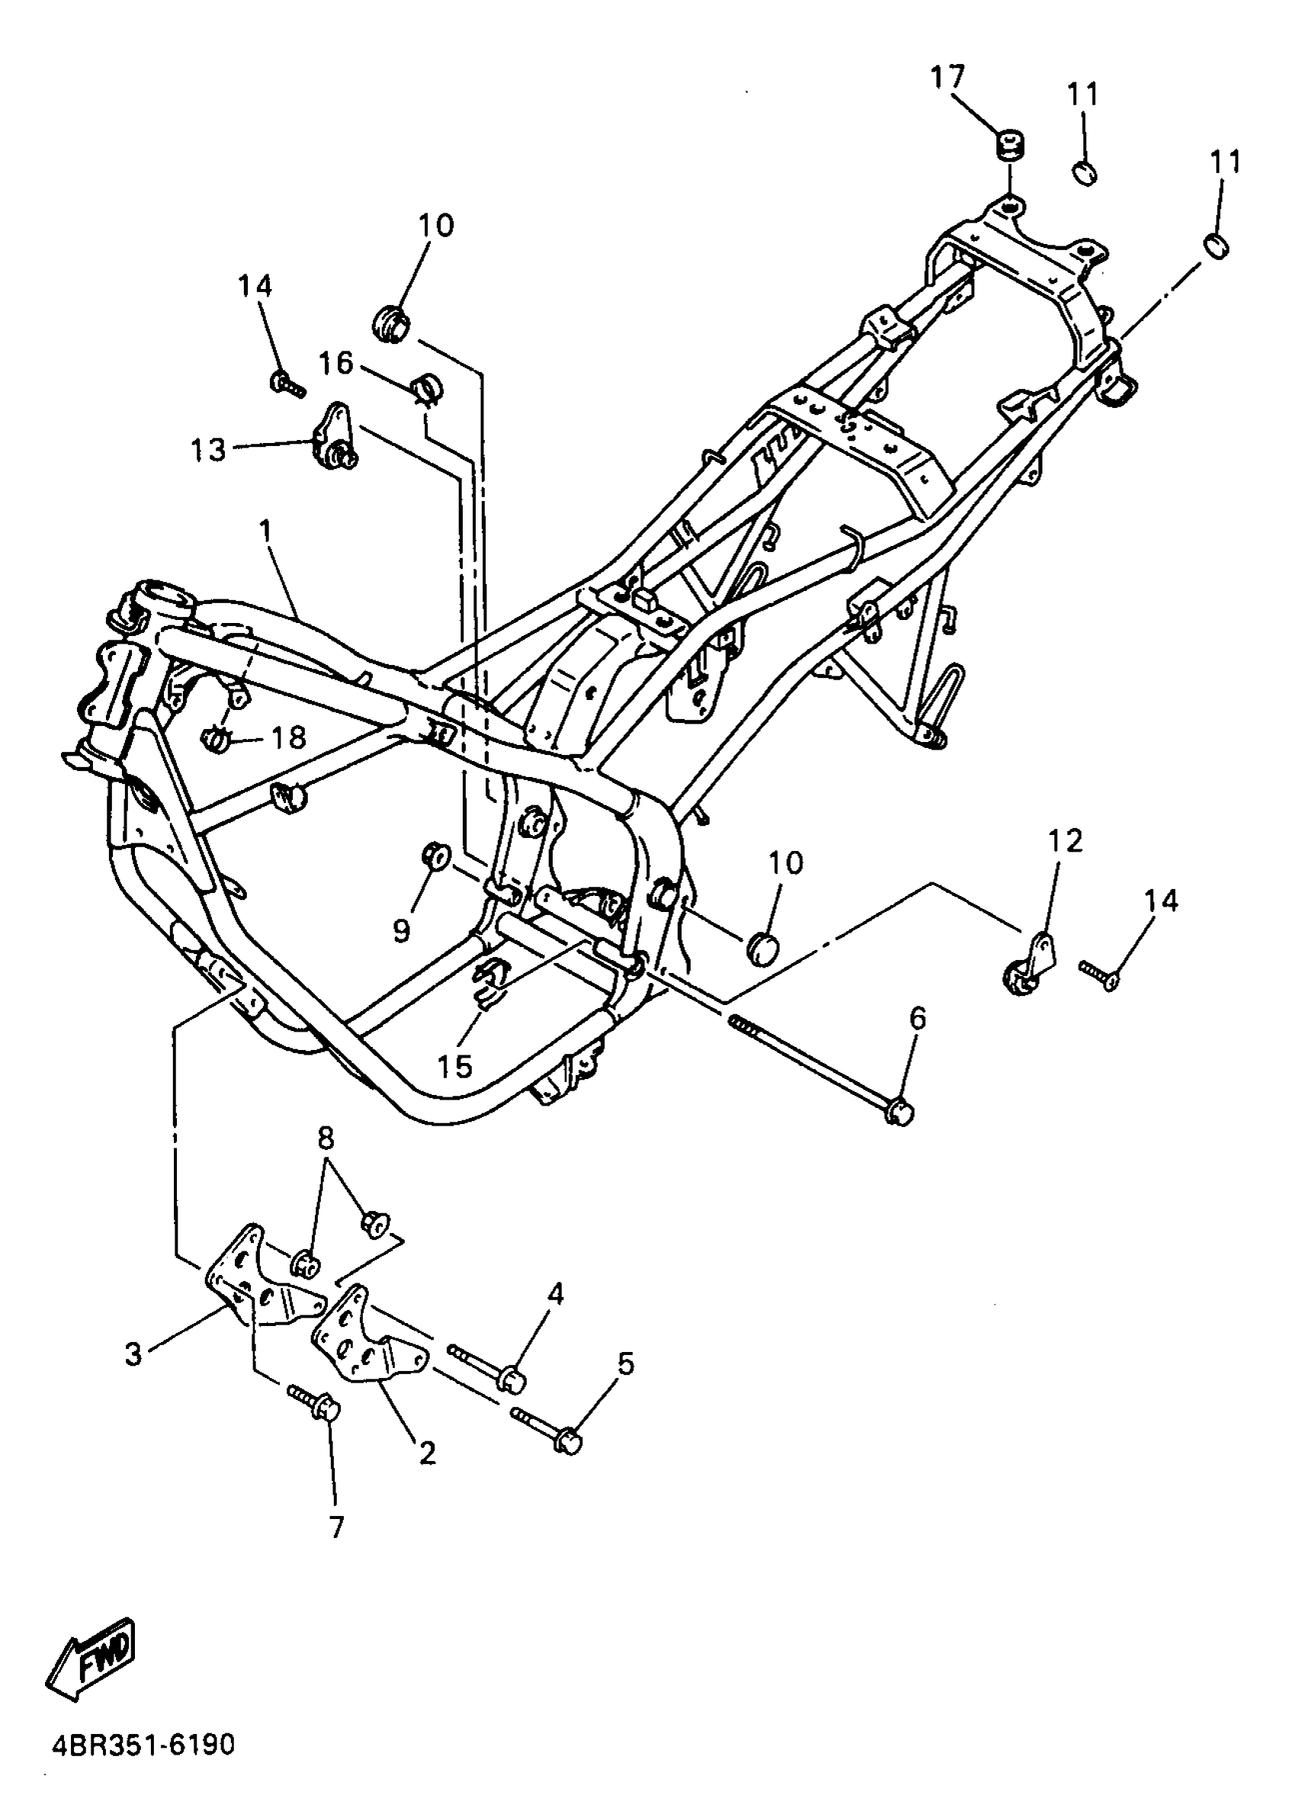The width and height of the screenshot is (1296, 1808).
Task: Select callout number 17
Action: coord(947,78)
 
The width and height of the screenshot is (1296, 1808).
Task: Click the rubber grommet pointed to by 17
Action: coord(1010,147)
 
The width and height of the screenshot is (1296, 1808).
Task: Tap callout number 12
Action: coord(1066,840)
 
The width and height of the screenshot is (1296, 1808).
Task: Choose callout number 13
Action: coord(208,451)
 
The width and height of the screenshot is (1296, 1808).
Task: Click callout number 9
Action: coord(401,929)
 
